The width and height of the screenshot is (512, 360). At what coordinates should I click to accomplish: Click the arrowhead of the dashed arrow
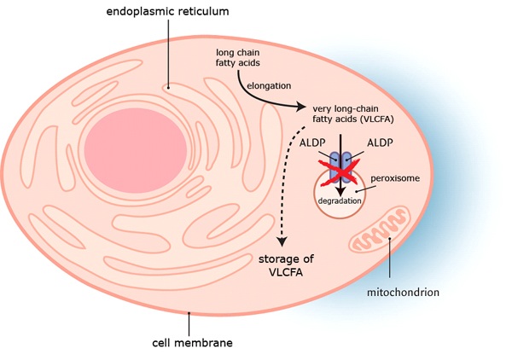pyautogui.click(x=281, y=244)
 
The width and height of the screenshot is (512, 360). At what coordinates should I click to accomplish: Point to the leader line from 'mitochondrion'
pyautogui.click(x=390, y=260)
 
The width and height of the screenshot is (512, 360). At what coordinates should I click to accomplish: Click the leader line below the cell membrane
pyautogui.click(x=189, y=324)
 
